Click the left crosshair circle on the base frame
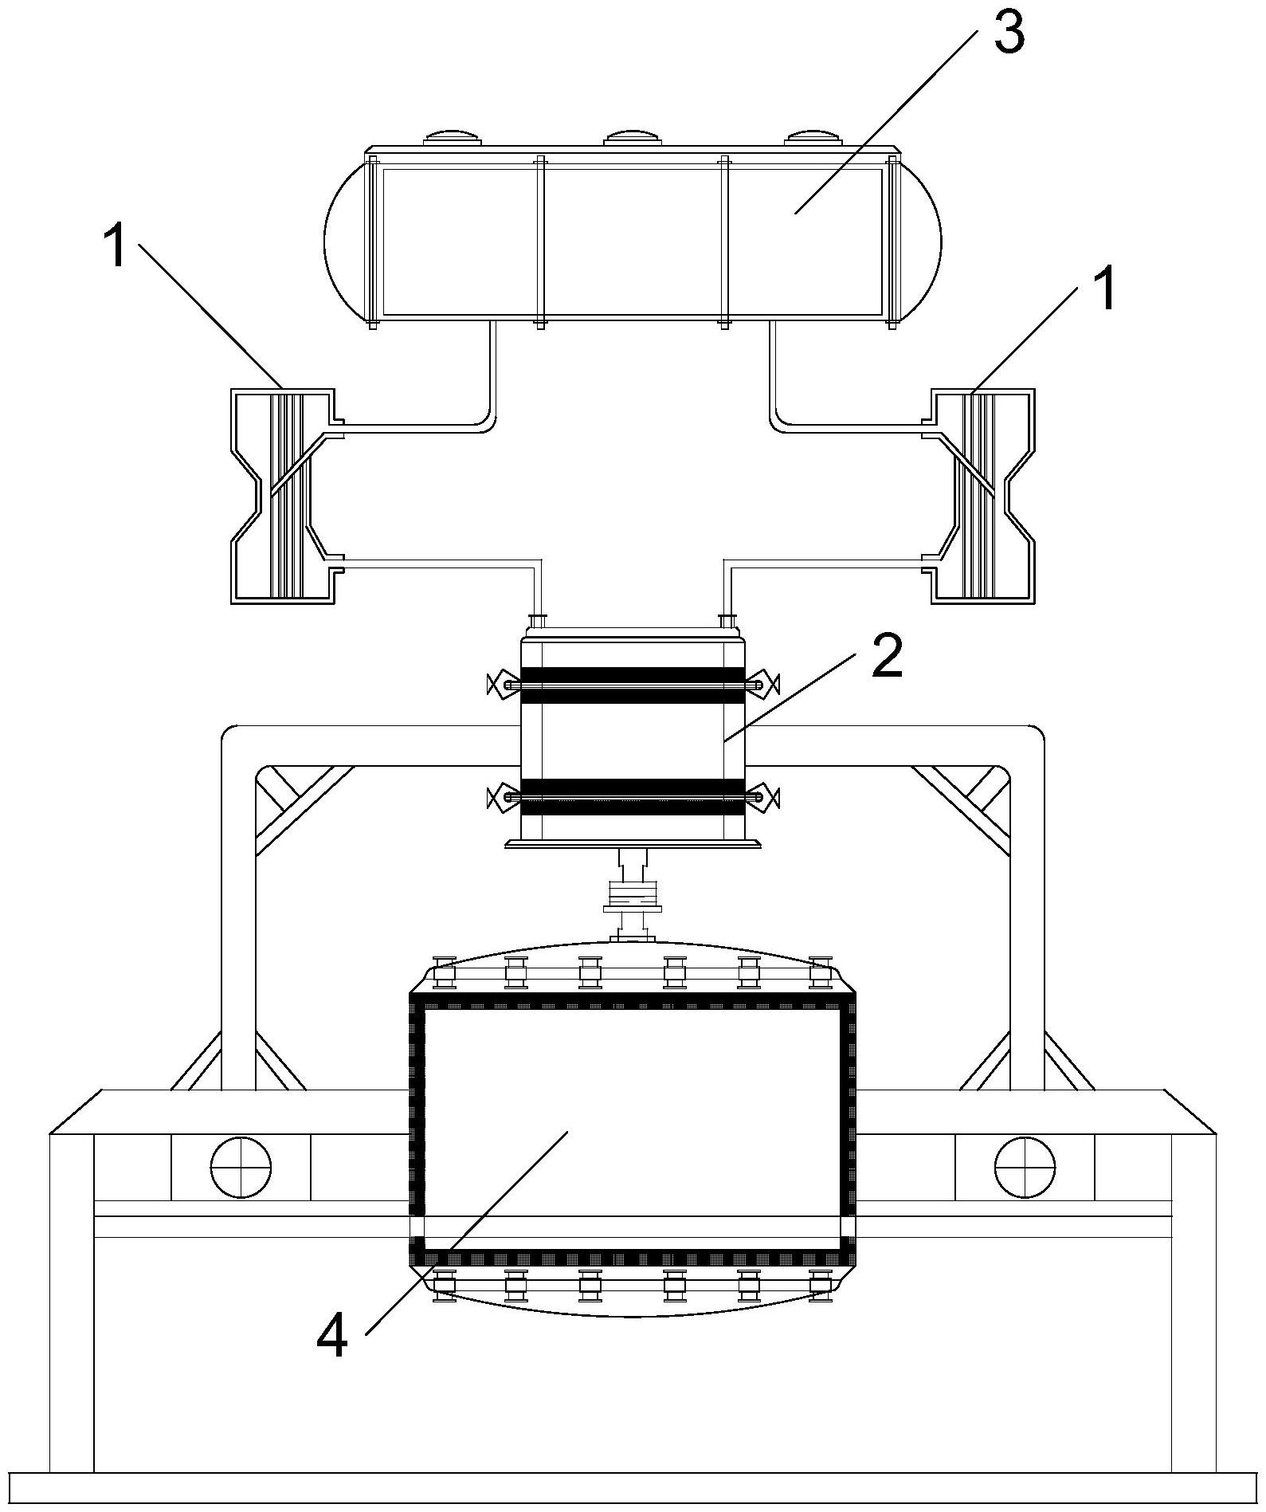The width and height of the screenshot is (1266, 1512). point(241,1166)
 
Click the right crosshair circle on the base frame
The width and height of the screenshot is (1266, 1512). point(1025,1166)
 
